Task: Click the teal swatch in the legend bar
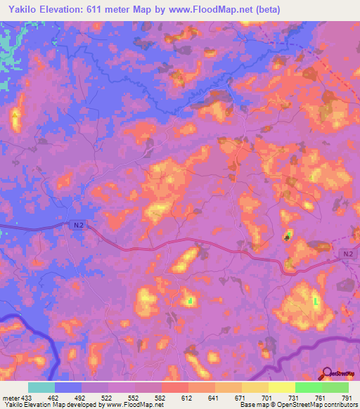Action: (x=41, y=387)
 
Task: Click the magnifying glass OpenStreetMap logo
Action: (x=328, y=375)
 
